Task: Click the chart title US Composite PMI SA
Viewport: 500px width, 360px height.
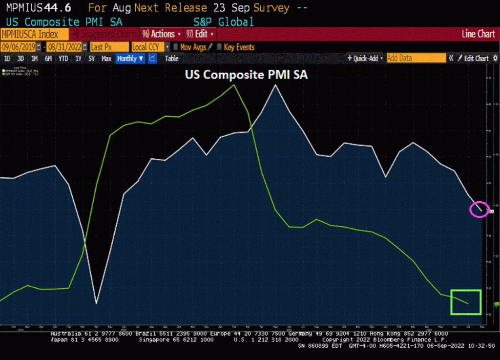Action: (x=246, y=76)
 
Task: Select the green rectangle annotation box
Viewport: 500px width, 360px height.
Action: (x=466, y=302)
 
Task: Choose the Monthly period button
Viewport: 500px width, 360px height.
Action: (x=130, y=59)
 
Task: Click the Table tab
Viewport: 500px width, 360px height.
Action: (x=171, y=59)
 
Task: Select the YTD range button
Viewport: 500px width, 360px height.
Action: (x=63, y=59)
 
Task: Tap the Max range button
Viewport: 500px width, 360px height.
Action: (x=106, y=59)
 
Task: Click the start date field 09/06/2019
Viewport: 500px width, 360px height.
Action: (x=20, y=47)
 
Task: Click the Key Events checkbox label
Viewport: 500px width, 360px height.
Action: (x=239, y=47)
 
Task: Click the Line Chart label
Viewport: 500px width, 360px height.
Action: (x=478, y=34)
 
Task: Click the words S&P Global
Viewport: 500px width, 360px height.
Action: (x=224, y=21)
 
